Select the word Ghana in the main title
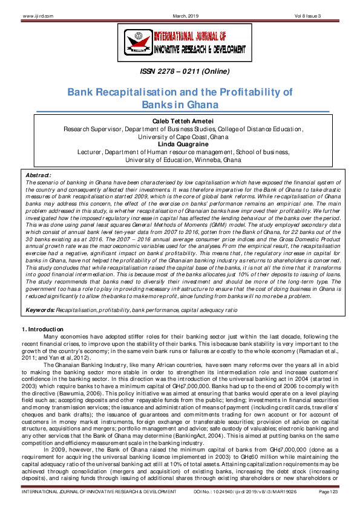coord(201,104)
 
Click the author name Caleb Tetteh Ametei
coord(179,122)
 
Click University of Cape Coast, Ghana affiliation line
coord(179,137)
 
